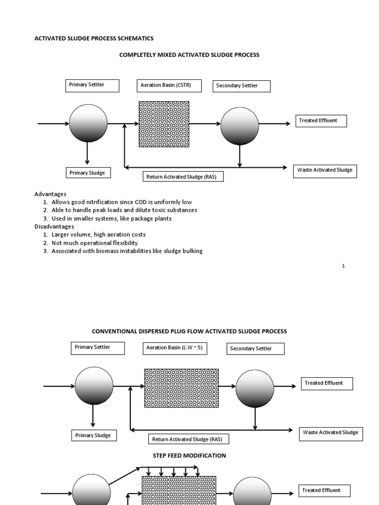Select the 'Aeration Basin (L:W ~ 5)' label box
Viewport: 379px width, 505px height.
[175, 348]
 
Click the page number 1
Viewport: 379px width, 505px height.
[343, 266]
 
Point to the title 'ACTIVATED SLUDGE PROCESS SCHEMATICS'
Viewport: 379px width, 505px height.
[93, 38]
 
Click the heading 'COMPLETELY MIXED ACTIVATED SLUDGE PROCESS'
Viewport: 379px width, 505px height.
[189, 55]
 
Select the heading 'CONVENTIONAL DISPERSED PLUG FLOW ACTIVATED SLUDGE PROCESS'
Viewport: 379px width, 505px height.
[189, 331]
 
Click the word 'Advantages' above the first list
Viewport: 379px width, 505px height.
[50, 194]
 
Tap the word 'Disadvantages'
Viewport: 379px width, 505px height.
[54, 226]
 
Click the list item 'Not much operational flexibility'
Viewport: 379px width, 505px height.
[95, 243]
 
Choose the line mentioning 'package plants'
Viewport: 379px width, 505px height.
[112, 218]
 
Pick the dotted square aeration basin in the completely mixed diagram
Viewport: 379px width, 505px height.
[164, 124]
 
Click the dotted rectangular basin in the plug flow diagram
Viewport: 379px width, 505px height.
[181, 388]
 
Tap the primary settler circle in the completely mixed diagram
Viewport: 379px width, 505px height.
[88, 123]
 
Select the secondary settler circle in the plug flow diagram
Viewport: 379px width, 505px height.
[255, 389]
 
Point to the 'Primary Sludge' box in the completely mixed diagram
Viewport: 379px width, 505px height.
[88, 173]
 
